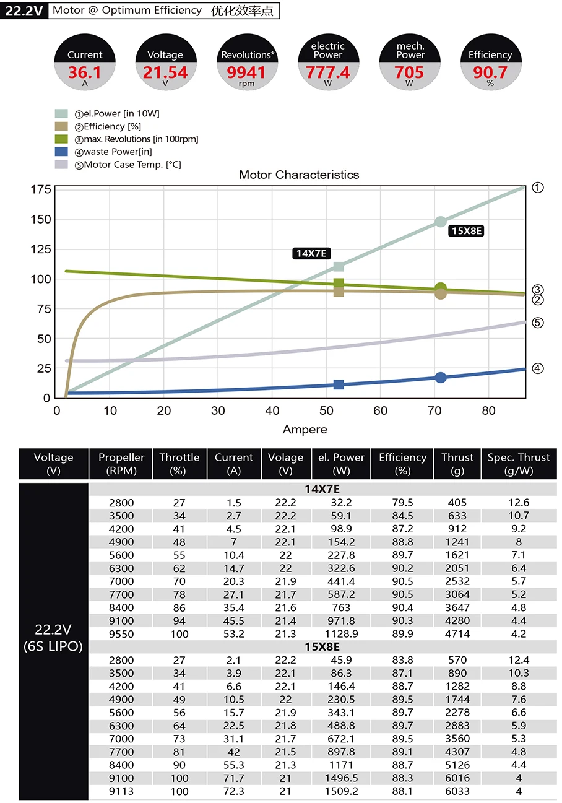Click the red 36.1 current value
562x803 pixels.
pyautogui.click(x=85, y=72)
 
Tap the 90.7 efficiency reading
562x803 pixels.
pyautogui.click(x=490, y=72)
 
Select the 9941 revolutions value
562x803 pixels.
pyautogui.click(x=246, y=72)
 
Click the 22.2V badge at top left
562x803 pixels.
pyautogui.click(x=24, y=11)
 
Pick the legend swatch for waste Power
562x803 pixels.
pyautogui.click(x=61, y=152)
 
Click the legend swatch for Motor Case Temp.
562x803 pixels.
pyautogui.click(x=61, y=165)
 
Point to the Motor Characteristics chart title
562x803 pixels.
pyautogui.click(x=299, y=175)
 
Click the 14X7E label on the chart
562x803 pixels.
pyautogui.click(x=311, y=253)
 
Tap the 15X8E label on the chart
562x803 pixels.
pyautogui.click(x=467, y=231)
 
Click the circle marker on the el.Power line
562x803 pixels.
pyautogui.click(x=441, y=222)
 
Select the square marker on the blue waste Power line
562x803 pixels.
pyautogui.click(x=339, y=384)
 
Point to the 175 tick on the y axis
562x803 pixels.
pyautogui.click(x=40, y=189)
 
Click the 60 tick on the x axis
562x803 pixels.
pyautogui.click(x=380, y=410)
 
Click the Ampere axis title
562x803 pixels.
pyautogui.click(x=305, y=430)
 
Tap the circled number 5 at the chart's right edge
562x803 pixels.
pyautogui.click(x=538, y=323)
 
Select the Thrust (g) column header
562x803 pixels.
pyautogui.click(x=457, y=464)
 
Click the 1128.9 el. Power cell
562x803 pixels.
pyautogui.click(x=342, y=634)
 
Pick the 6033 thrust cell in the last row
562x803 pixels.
pyautogui.click(x=457, y=791)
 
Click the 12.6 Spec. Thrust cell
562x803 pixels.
pyautogui.click(x=519, y=503)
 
